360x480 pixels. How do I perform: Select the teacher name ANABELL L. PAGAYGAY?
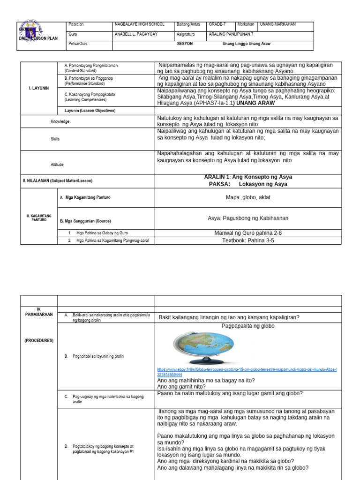(137, 34)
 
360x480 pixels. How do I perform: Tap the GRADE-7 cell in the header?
(217, 24)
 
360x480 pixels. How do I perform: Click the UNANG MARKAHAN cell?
(279, 24)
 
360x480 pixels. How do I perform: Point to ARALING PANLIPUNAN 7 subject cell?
(232, 34)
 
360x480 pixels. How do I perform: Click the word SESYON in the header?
(185, 44)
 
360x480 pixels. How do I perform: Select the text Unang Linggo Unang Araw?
(246, 44)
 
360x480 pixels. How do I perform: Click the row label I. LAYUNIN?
(39, 88)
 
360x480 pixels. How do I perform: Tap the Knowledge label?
(60, 121)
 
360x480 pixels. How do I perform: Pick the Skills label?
(55, 139)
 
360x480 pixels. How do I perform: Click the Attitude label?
(57, 165)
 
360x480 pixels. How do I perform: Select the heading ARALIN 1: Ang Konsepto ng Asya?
(248, 177)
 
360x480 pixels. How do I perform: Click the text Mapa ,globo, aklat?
(248, 197)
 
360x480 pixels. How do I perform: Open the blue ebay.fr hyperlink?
(247, 372)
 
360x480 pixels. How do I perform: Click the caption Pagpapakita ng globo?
(248, 326)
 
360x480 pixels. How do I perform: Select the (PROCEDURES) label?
(39, 340)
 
